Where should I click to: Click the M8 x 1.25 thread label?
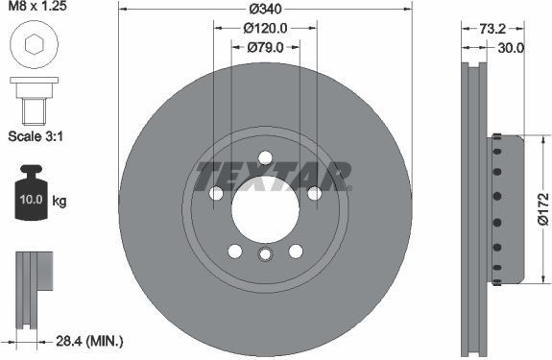click(x=36, y=9)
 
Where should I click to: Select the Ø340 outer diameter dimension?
click(x=266, y=9)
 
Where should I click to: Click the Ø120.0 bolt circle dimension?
click(x=266, y=28)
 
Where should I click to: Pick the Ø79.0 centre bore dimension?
click(x=266, y=47)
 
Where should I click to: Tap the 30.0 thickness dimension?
click(x=511, y=47)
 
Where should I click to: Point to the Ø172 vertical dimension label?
click(x=542, y=208)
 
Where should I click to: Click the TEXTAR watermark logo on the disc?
click(x=273, y=176)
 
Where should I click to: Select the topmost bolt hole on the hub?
click(x=266, y=160)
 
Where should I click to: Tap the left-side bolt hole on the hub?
click(x=217, y=194)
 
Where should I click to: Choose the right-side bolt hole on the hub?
click(x=314, y=194)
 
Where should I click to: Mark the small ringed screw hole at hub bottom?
click(x=266, y=253)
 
